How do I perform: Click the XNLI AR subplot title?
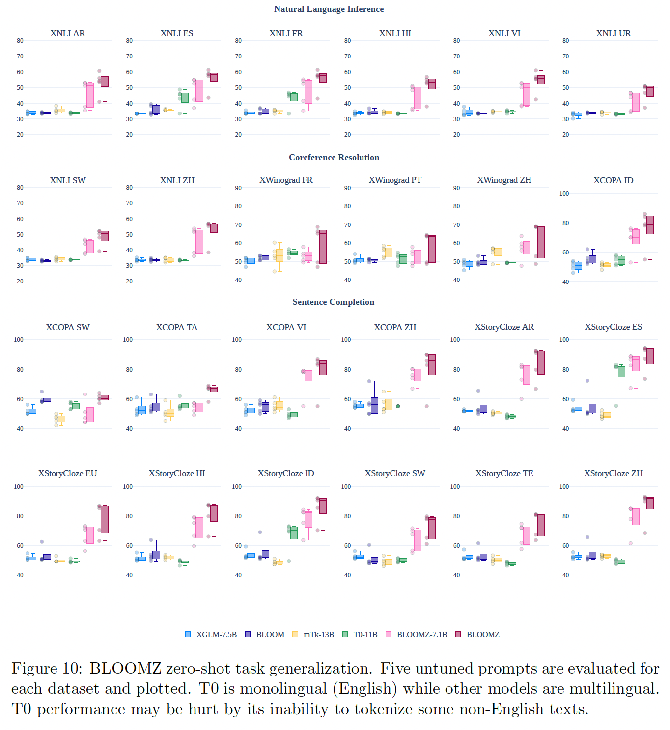tap(68, 33)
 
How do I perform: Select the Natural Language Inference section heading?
tap(329, 9)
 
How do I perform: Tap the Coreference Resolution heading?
tap(334, 157)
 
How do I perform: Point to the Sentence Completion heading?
tap(333, 302)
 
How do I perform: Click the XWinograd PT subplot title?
tap(395, 180)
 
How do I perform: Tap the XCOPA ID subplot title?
tap(613, 180)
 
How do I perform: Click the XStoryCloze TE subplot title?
tap(504, 473)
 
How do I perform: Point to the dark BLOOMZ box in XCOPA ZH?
tap(432, 365)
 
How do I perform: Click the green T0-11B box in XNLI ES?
tap(185, 97)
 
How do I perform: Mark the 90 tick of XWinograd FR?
tap(238, 188)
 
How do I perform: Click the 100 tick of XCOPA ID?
tap(564, 193)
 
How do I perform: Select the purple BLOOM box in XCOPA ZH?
tap(374, 405)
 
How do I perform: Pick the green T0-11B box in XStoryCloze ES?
tap(621, 371)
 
